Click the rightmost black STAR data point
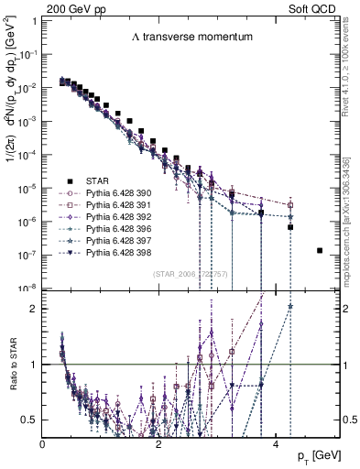click(x=320, y=250)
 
